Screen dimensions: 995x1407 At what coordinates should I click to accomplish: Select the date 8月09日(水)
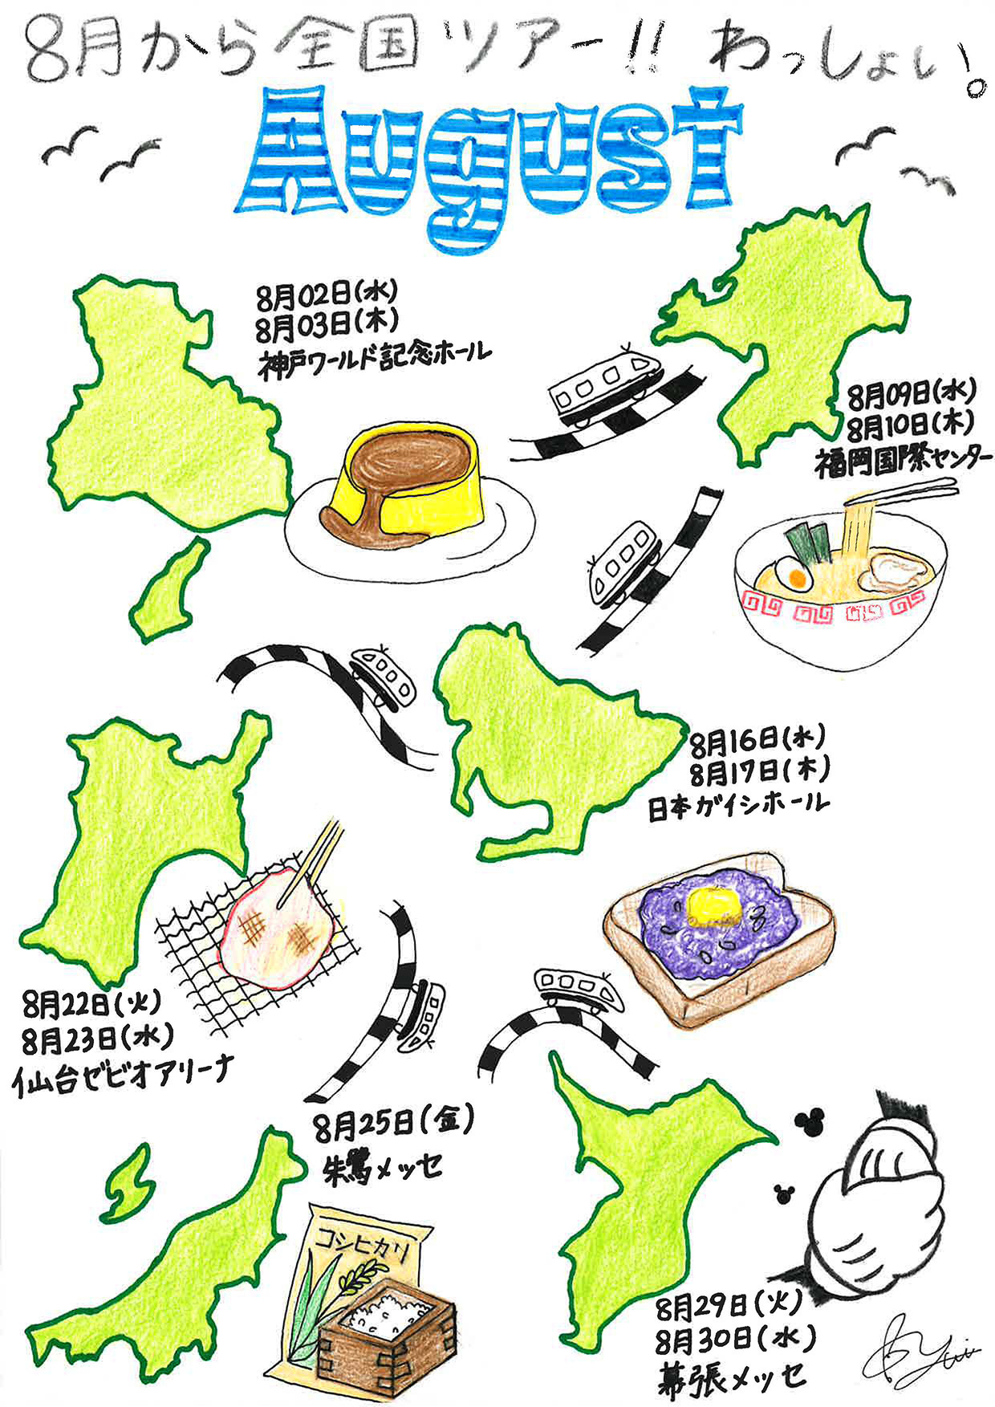tap(911, 393)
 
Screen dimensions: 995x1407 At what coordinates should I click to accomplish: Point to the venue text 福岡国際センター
tap(899, 461)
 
